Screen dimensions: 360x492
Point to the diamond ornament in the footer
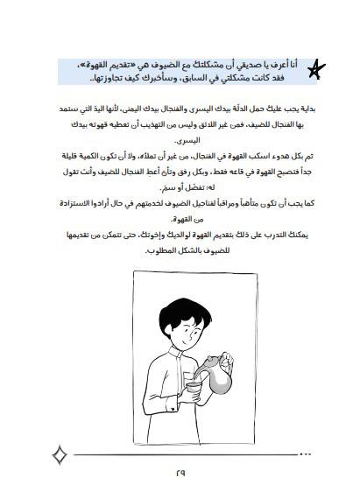60,455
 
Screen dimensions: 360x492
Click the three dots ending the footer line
306,454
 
